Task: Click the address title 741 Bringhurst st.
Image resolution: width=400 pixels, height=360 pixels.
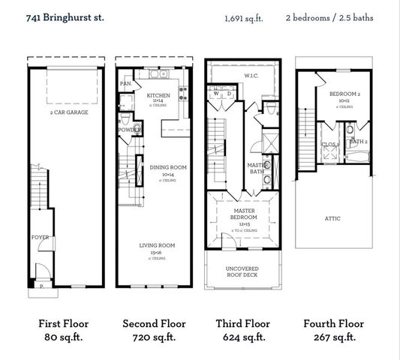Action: click(62, 16)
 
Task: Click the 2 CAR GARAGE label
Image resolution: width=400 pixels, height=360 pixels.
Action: click(70, 112)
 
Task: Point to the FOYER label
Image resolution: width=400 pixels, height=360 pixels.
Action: click(40, 237)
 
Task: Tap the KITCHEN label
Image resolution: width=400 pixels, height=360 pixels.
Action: click(158, 96)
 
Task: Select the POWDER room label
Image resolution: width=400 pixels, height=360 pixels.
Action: click(126, 130)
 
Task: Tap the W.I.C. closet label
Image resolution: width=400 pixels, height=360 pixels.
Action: click(251, 75)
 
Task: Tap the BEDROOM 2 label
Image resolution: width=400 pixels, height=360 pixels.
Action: click(346, 94)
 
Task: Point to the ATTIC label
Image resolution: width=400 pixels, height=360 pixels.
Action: click(332, 218)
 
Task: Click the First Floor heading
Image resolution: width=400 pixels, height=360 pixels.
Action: click(63, 324)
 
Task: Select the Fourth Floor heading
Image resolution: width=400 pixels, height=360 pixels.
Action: click(334, 324)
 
